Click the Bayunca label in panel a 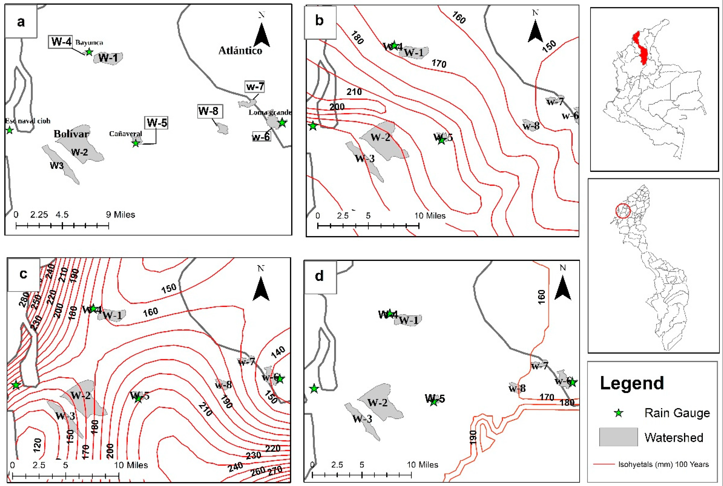pyautogui.click(x=89, y=43)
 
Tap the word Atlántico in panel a pyautogui.click(x=240, y=50)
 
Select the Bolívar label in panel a pyautogui.click(x=72, y=134)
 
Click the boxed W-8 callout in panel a pyautogui.click(x=210, y=111)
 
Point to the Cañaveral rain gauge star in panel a pyautogui.click(x=136, y=143)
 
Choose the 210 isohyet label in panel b pyautogui.click(x=354, y=92)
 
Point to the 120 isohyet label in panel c pyautogui.click(x=38, y=445)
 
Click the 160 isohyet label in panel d pyautogui.click(x=541, y=297)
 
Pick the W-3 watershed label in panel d pyautogui.click(x=362, y=419)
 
